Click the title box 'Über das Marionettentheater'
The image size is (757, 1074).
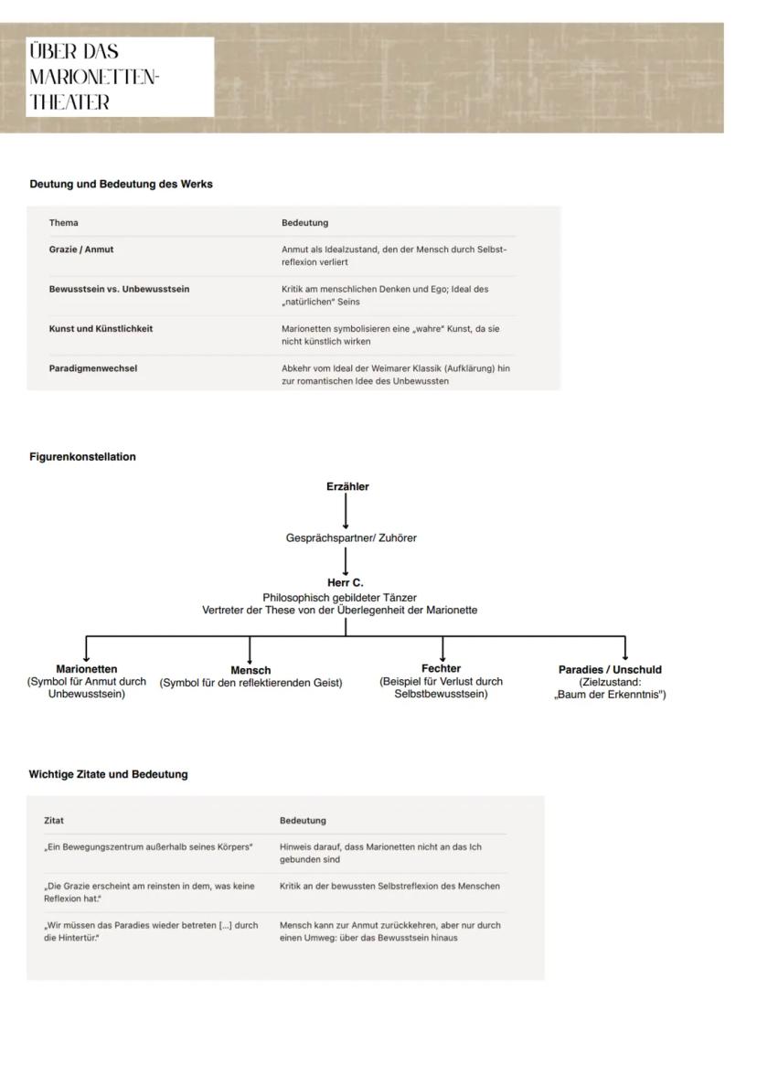[121, 77]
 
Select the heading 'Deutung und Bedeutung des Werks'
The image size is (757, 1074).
[121, 184]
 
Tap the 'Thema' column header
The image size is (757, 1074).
[64, 222]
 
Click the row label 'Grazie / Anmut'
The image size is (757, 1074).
[81, 249]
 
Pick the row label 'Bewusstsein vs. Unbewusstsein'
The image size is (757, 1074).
[119, 289]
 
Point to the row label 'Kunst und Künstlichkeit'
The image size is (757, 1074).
[101, 328]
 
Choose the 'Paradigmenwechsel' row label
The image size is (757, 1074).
[93, 368]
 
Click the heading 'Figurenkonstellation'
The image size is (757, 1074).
[82, 457]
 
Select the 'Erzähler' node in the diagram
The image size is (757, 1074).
[347, 486]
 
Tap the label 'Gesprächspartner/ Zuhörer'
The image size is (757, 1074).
[351, 538]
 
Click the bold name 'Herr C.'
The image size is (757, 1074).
[346, 582]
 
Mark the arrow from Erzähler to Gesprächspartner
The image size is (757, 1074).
[346, 512]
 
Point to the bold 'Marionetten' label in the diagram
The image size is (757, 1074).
[87, 669]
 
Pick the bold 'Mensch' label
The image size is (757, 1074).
[251, 670]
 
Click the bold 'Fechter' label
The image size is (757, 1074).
[441, 668]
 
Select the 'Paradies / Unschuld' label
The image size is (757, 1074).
[610, 669]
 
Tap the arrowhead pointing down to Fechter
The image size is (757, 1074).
[442, 657]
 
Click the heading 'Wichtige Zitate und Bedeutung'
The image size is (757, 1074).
[108, 774]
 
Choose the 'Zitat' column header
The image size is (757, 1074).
[54, 820]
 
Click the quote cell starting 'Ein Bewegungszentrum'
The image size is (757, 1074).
[148, 846]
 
